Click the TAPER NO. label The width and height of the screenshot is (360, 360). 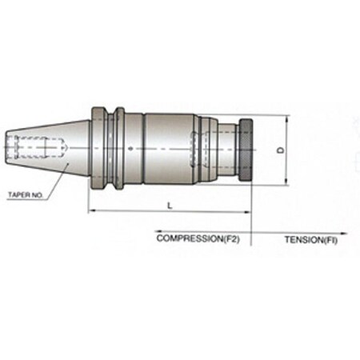click(x=28, y=194)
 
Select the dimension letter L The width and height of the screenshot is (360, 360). click(x=169, y=206)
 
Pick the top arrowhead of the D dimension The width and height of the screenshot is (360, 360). click(x=286, y=118)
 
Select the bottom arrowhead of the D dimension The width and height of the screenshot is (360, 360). click(x=286, y=183)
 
